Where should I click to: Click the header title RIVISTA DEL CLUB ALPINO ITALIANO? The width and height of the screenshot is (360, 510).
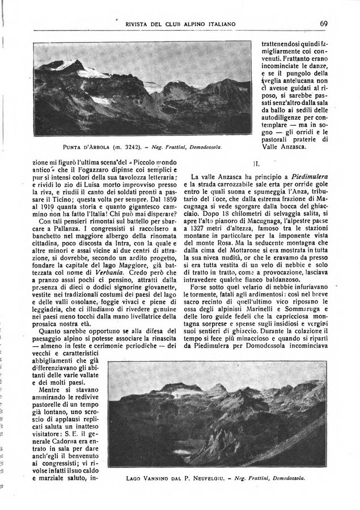click(180, 24)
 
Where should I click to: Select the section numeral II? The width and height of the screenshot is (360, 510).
click(256, 164)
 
